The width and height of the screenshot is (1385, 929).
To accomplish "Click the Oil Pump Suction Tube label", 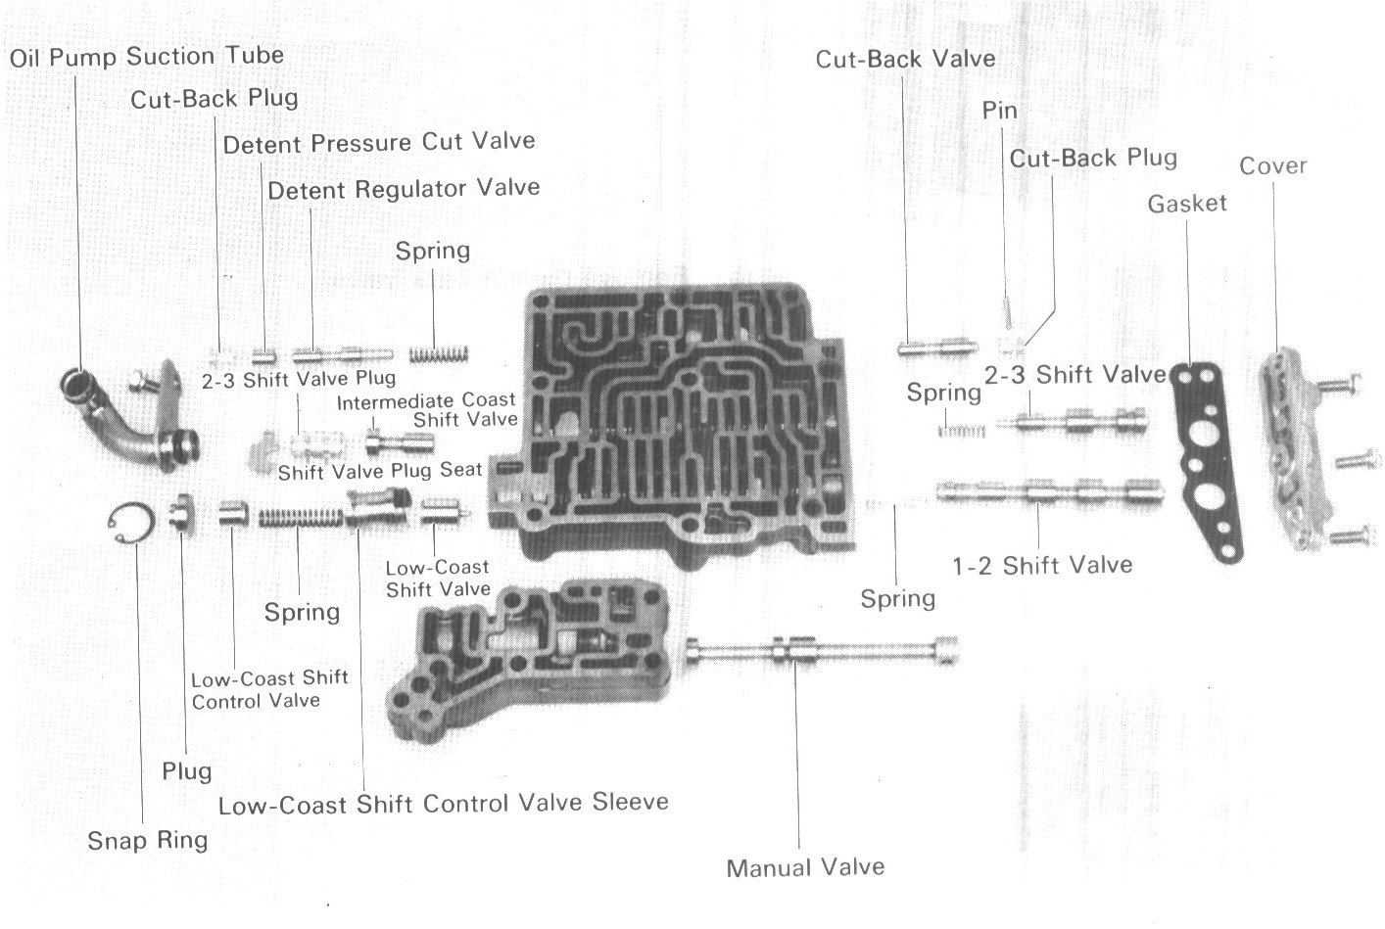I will pos(147,57).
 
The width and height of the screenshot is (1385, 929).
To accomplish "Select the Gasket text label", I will pos(1187,204).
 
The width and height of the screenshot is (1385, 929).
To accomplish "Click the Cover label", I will pos(1272,165).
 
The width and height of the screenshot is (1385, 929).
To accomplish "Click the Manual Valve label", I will pos(805,867).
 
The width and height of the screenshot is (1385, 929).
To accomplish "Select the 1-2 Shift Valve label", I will pos(1042,565).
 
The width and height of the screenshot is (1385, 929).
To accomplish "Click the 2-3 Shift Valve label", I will pos(1075,374).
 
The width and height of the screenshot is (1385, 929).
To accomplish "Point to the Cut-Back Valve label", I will pos(905,59).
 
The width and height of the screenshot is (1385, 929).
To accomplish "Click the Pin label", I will pos(999,111).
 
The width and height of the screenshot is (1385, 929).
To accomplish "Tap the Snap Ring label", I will pos(147,840).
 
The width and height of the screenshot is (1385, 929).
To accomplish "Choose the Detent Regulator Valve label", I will pos(404,188).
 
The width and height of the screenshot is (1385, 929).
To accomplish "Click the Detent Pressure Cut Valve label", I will pos(379,143).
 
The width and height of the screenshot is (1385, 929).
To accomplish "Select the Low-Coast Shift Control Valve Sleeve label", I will pos(443,804).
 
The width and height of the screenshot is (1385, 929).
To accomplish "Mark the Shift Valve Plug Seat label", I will pos(380,471).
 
